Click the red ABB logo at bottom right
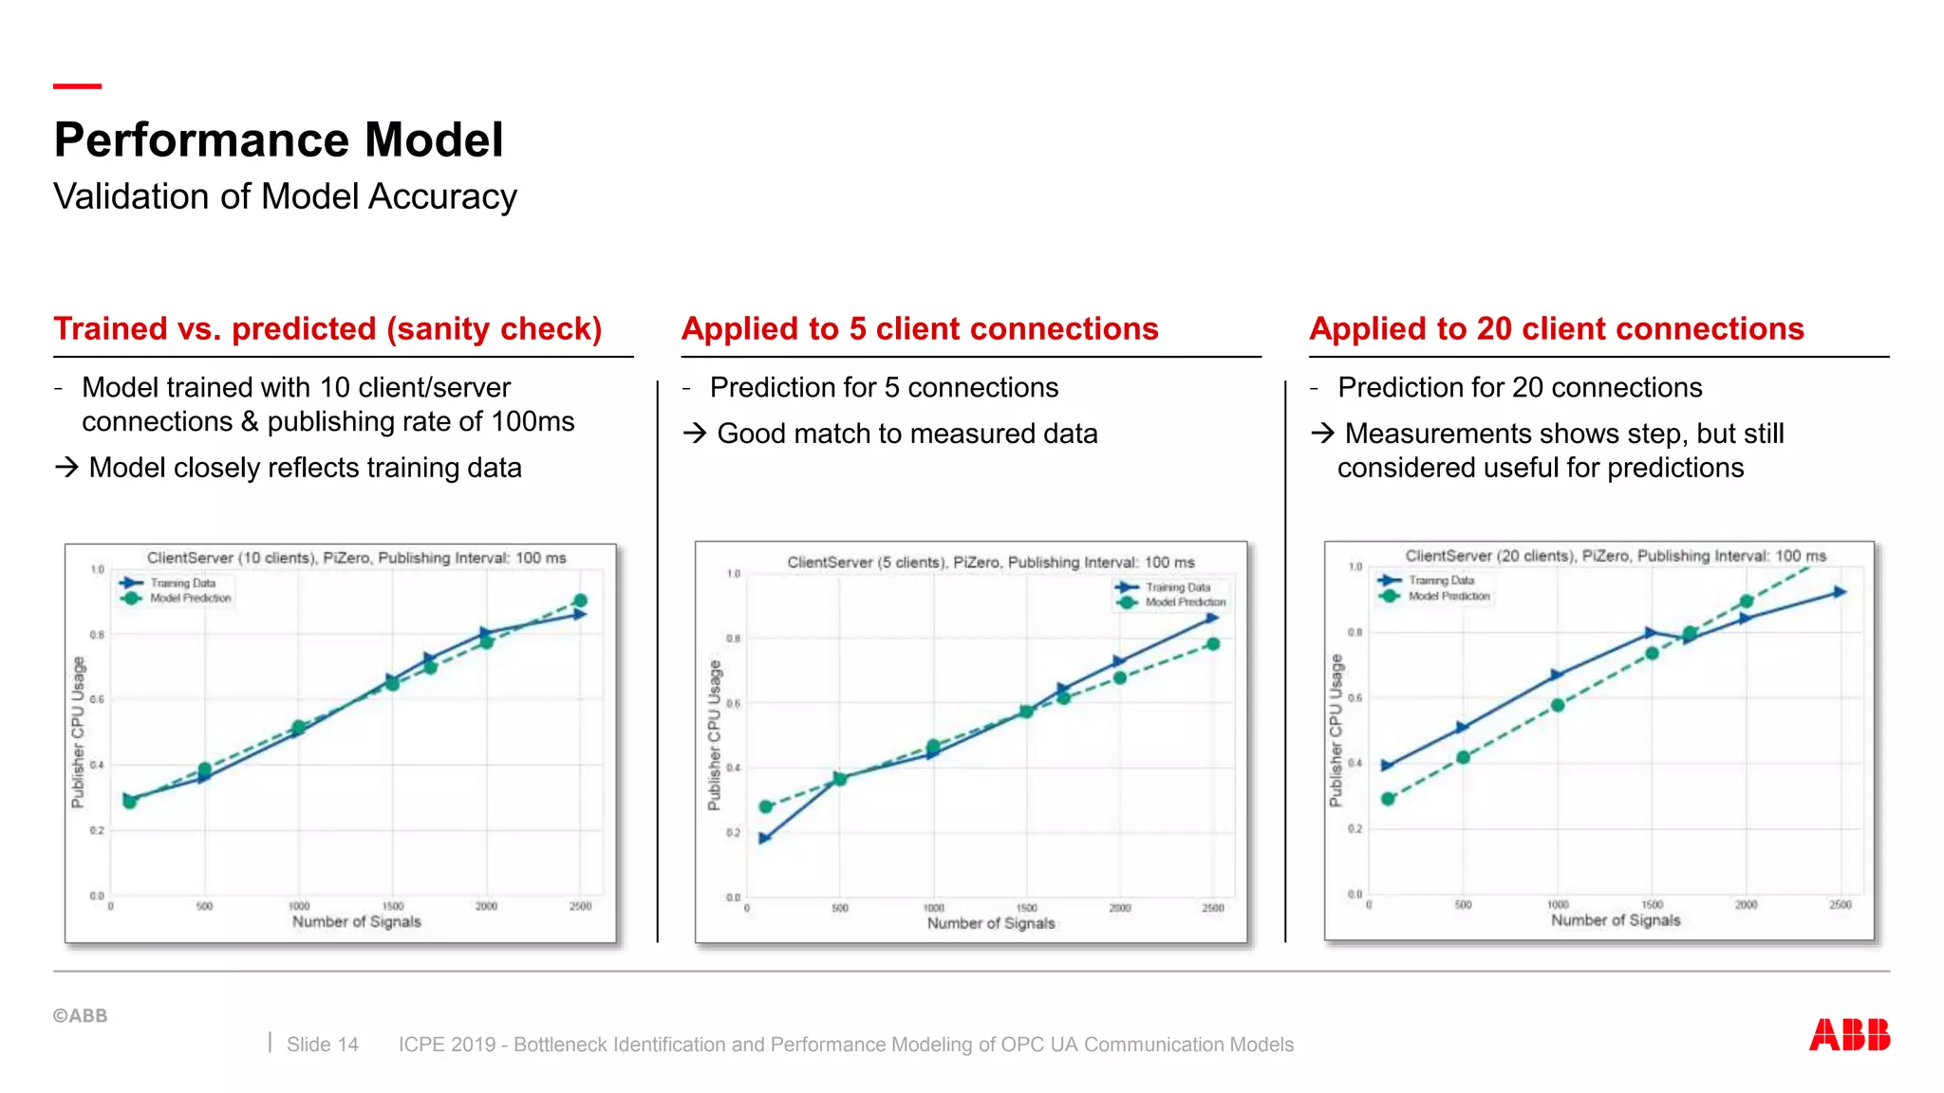coord(1849,1034)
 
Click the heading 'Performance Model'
coord(278,140)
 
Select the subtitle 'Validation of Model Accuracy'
coord(285,196)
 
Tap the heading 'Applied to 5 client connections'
coord(919,328)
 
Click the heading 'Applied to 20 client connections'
coord(1556,328)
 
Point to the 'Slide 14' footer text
coord(322,1045)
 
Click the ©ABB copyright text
coord(80,1015)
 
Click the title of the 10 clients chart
coord(356,558)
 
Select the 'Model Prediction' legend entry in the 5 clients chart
coord(1184,602)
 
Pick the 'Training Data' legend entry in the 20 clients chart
coord(1440,580)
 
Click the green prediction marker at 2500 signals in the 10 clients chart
coord(580,601)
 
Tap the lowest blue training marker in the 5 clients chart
coord(765,838)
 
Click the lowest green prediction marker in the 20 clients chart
coord(1388,799)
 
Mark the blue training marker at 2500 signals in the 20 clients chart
coord(1840,592)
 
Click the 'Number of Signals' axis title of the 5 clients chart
coord(991,923)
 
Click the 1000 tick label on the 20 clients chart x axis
coord(1558,905)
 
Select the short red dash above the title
coord(77,86)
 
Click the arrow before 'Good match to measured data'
coord(695,434)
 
